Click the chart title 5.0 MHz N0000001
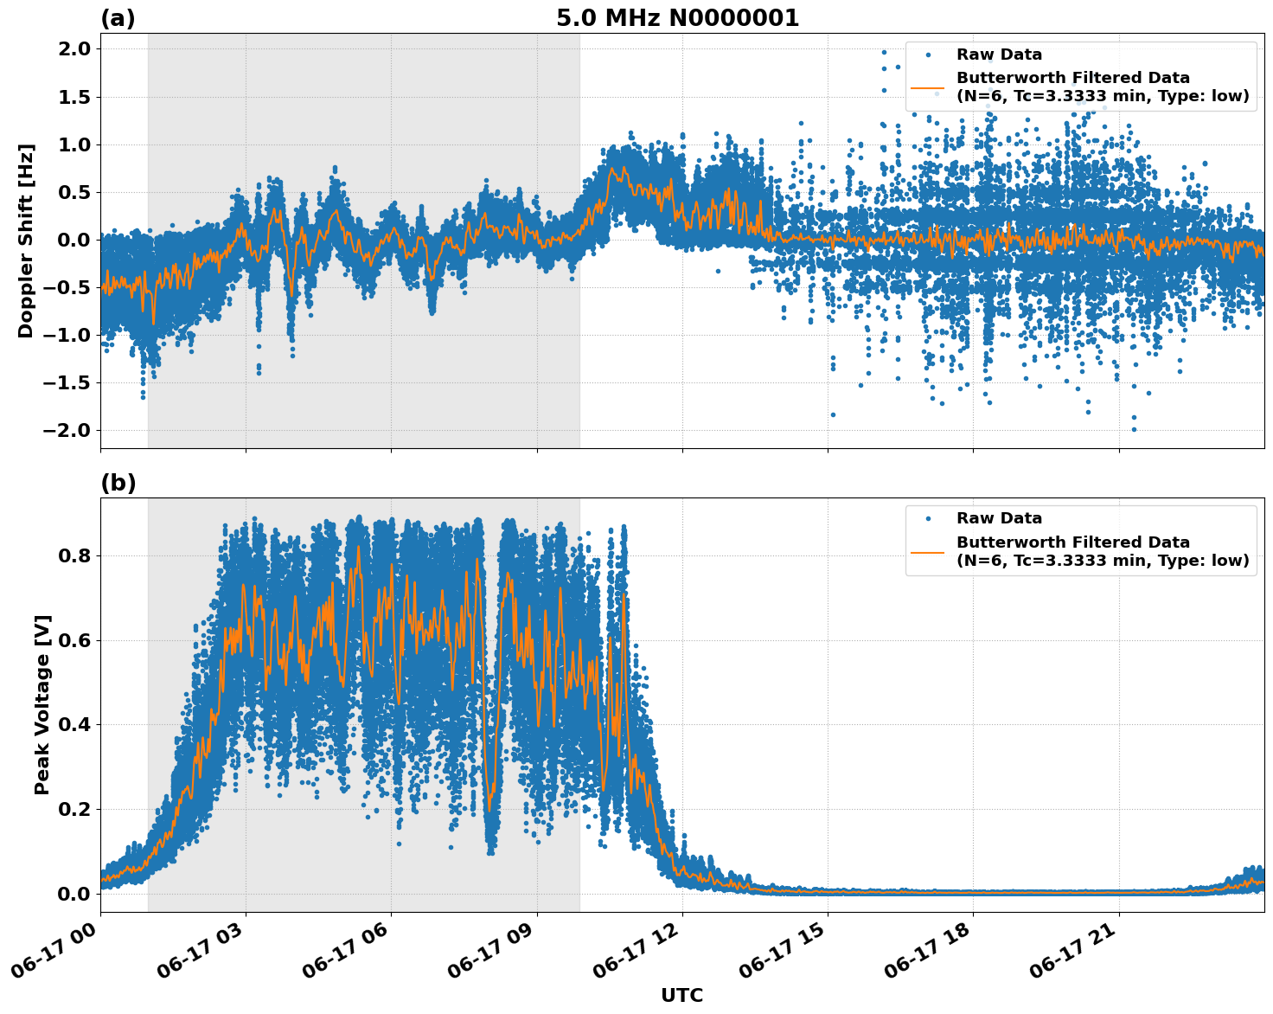click(677, 18)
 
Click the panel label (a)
click(118, 18)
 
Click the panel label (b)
click(118, 483)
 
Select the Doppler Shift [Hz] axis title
click(26, 241)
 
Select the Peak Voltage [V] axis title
click(42, 704)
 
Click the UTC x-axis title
click(681, 995)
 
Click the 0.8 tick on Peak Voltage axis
click(76, 555)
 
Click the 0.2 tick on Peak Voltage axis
click(76, 810)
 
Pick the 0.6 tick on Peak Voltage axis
click(76, 640)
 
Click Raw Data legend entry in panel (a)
click(999, 55)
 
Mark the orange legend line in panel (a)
click(928, 87)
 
